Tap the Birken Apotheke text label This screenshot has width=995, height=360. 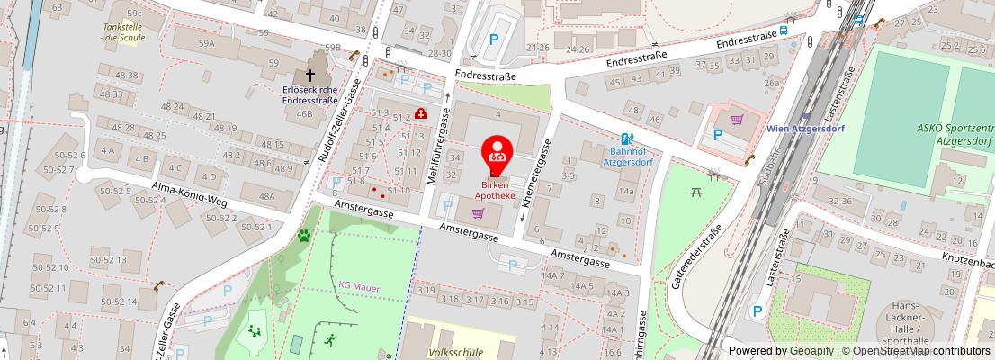[497, 190]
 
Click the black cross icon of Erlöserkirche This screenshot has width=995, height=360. [310, 76]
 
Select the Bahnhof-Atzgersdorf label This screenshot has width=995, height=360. [625, 157]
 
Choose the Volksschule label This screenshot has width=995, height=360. [452, 352]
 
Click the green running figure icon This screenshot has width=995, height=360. [329, 340]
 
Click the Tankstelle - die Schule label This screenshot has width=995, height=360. [124, 32]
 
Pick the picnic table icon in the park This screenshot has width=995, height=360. [695, 192]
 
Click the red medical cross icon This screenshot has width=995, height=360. [420, 113]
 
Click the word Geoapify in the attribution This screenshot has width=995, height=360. [812, 351]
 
